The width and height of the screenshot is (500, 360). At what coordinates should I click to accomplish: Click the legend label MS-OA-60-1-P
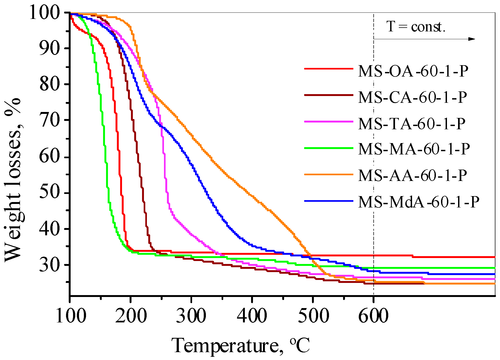point(413,71)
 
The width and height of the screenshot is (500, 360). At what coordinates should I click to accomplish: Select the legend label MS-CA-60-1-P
point(413,97)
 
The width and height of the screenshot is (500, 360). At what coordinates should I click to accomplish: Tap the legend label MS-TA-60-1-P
point(412,124)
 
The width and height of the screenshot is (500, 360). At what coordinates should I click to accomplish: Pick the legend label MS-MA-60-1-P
point(414,149)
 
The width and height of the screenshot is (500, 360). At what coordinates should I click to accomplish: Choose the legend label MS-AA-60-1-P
point(413,176)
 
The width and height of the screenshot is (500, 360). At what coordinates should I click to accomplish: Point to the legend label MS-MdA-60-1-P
point(419,202)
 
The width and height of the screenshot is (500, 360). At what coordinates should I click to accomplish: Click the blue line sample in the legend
point(329,201)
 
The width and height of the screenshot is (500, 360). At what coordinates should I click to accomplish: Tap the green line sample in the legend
point(329,148)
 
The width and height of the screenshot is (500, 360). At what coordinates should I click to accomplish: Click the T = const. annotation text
point(416,27)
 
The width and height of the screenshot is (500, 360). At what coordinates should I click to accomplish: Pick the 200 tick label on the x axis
point(131,316)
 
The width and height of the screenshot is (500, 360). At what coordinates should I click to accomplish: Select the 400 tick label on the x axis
point(252,316)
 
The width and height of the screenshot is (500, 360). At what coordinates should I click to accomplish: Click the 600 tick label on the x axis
point(373,316)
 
